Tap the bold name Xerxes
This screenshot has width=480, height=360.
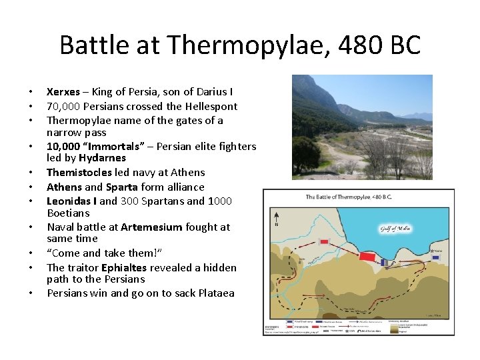[63, 91]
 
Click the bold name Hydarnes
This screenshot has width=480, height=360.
[102, 158]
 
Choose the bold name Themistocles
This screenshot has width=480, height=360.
[78, 172]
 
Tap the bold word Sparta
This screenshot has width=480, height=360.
[122, 187]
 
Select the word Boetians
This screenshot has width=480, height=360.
[68, 213]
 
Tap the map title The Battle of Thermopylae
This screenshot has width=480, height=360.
[349, 197]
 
